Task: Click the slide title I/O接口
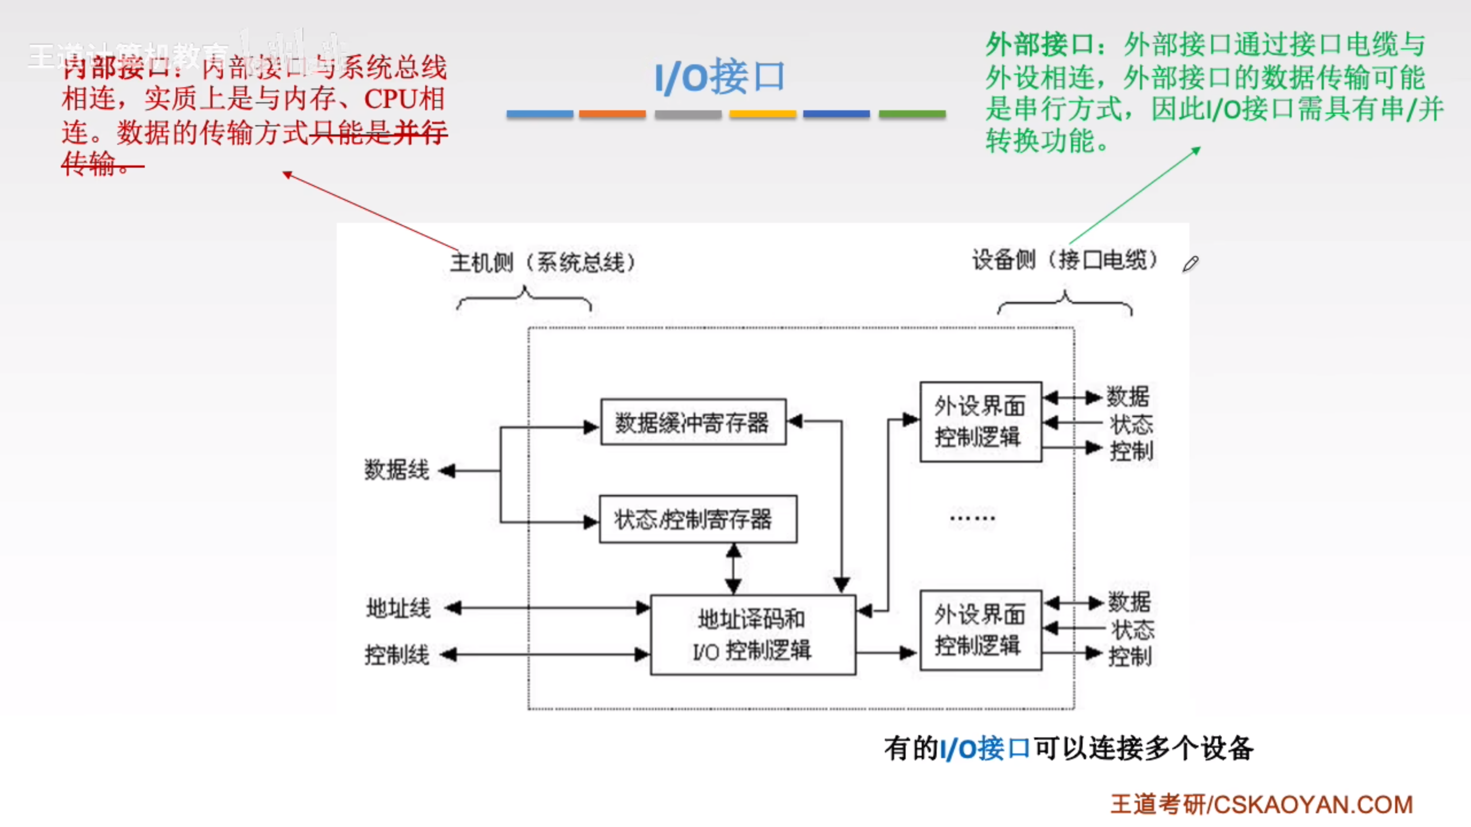tap(720, 77)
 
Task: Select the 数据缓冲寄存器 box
tap(693, 422)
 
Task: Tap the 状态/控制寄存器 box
tap(698, 519)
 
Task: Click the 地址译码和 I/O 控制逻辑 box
tap(753, 635)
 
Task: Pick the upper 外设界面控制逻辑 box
tap(980, 422)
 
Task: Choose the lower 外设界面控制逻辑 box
tap(980, 630)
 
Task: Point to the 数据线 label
tap(396, 470)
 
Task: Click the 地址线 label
tap(398, 608)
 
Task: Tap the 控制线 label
tap(397, 655)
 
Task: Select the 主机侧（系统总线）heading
tap(543, 262)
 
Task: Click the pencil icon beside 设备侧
tap(1190, 264)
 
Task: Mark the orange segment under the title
tap(612, 114)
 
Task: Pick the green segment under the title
tap(912, 114)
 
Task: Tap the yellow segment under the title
tap(763, 114)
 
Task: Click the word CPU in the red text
tap(391, 99)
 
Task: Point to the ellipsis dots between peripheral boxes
tap(972, 519)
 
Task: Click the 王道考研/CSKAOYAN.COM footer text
tap(1261, 805)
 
